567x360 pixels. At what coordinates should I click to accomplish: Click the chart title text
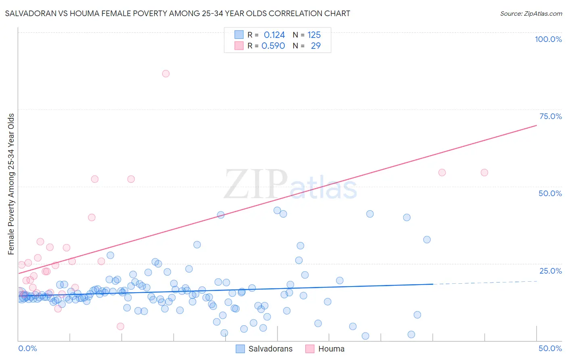coord(177,13)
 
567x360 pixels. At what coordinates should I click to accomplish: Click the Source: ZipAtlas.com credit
coord(531,13)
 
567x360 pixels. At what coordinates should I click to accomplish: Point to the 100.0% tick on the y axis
coord(548,39)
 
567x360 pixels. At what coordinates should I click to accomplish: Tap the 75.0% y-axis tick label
coord(550,116)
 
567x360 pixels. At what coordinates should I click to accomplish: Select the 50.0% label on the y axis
coord(550,193)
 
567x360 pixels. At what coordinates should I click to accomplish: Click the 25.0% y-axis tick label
coord(550,270)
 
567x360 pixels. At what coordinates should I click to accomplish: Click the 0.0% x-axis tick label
coord(27,348)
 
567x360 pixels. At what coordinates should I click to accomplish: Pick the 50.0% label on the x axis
coord(550,348)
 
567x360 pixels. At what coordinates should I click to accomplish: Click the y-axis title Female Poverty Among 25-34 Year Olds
coord(11,184)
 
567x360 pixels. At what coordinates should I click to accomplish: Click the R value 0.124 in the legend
coord(274,35)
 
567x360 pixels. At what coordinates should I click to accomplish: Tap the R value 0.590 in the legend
coord(273,46)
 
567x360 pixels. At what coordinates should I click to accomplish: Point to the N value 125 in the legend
coord(314,35)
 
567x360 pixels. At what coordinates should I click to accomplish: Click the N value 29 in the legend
coord(316,46)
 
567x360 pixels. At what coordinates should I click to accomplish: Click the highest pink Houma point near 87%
coord(166,73)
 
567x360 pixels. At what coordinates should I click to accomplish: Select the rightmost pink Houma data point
coord(484,172)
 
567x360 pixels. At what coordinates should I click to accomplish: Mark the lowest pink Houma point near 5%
coord(120,326)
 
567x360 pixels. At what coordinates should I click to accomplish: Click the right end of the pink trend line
coord(536,126)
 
